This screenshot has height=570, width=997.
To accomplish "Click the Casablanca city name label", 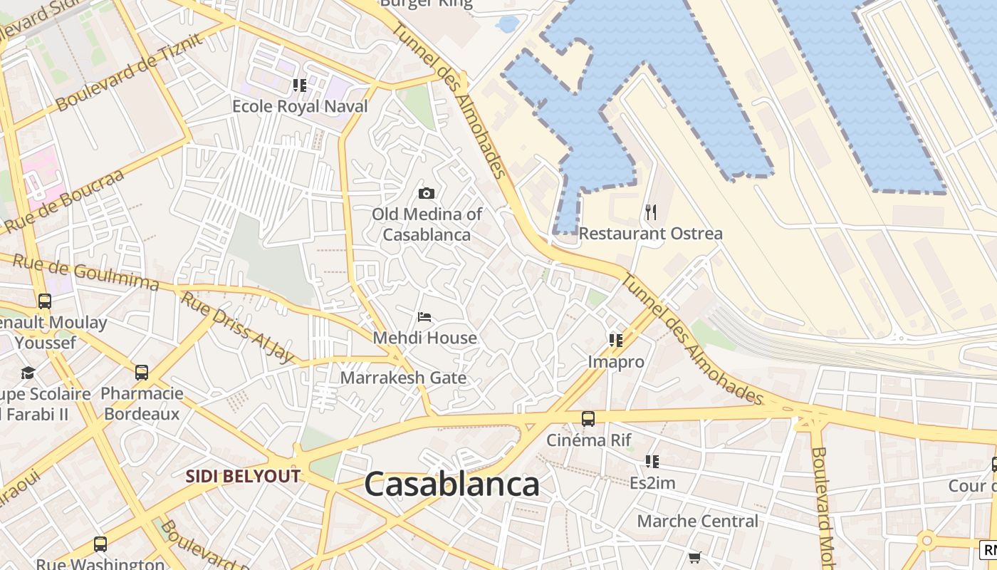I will pos(451,485).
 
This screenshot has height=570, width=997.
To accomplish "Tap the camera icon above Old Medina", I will pos(427,193).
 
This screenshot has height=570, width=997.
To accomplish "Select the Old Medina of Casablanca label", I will pos(427,224).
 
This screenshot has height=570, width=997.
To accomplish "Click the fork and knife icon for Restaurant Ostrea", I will pos(650,212).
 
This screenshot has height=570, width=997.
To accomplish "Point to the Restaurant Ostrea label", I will pos(650,234).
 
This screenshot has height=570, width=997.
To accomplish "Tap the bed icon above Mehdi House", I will pos(424,316).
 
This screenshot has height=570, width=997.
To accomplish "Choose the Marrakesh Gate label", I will pos(403,378).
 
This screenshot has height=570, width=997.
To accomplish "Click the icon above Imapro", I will pos(616,341).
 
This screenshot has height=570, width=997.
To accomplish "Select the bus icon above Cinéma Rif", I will pos(588,419).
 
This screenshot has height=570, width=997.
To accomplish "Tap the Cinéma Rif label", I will pos(589,440).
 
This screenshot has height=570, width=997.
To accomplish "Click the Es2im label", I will pos(652,483).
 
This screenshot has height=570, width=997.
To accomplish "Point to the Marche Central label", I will pos(698,522).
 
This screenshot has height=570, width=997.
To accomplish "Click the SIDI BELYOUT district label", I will pos(243,477).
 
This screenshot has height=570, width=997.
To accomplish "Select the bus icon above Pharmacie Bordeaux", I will pos(142,372).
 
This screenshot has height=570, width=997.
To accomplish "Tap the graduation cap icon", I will pos(28,373).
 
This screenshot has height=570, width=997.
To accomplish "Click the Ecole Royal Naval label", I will pos(300,107).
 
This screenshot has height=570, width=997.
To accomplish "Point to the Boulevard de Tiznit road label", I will pos(129,72).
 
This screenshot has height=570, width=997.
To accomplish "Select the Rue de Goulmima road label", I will pos(85,273).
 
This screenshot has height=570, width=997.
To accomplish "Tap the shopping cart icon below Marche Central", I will pos(694,557).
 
